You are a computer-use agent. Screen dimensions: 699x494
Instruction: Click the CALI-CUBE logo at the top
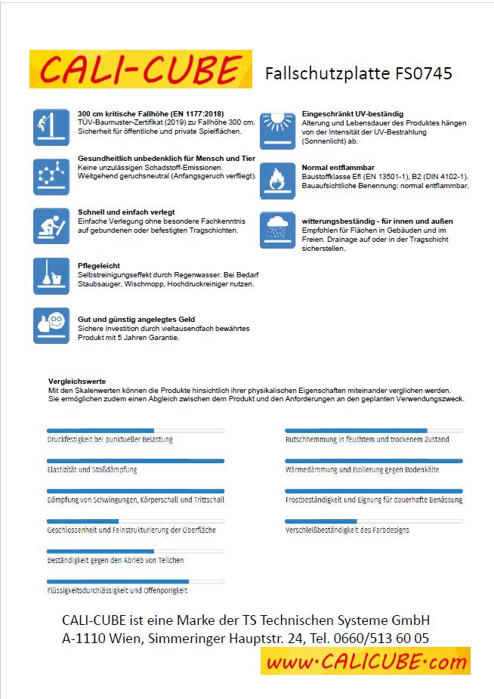click(140, 70)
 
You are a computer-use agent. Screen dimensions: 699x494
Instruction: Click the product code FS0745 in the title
click(422, 73)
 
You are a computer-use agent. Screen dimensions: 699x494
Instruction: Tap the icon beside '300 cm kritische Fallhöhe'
click(51, 126)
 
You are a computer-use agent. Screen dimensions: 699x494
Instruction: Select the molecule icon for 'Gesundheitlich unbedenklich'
click(51, 175)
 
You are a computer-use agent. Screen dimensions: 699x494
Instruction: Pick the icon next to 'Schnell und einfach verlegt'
click(51, 224)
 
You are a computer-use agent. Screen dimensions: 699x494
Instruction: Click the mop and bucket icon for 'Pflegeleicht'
click(51, 276)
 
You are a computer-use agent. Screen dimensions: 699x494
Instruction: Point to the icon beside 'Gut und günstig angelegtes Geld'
click(51, 326)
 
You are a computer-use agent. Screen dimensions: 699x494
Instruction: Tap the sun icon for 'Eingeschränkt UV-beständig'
click(277, 130)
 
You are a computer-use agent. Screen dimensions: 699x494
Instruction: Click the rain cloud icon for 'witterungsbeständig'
click(277, 229)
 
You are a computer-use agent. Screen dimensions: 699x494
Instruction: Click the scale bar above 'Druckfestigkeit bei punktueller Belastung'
click(135, 430)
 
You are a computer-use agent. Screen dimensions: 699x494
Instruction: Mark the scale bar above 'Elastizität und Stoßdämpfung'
click(135, 460)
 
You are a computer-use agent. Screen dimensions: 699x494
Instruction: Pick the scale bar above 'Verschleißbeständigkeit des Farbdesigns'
click(373, 521)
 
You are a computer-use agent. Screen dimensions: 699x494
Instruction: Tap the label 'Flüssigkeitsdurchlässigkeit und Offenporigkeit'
click(117, 590)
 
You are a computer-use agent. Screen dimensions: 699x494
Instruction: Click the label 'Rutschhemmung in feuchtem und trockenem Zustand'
click(367, 439)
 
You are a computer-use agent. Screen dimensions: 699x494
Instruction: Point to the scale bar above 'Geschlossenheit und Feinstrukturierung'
click(135, 521)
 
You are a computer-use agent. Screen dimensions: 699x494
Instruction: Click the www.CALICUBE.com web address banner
click(366, 662)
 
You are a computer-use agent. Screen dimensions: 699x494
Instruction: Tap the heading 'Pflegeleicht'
click(94, 266)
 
